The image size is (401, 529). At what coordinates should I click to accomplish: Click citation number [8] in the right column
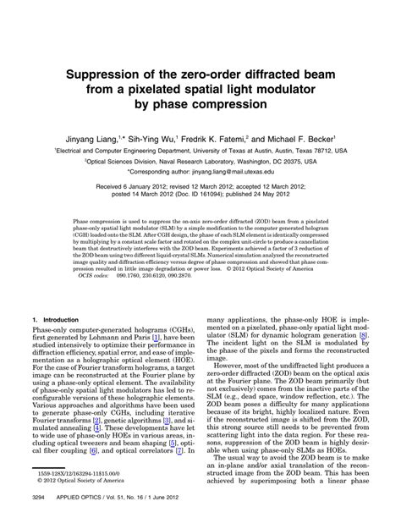pos(362,311)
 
